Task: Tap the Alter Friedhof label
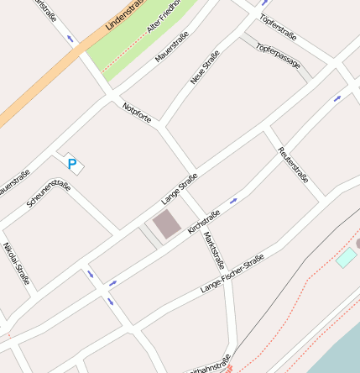[164, 18]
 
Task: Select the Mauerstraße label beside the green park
[172, 47]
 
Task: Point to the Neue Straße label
[205, 67]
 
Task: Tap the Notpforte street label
[137, 113]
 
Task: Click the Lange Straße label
[180, 189]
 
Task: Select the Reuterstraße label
[294, 165]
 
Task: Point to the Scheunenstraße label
[49, 195]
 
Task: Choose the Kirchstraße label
[205, 221]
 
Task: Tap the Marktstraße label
[215, 250]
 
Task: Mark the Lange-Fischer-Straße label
[232, 273]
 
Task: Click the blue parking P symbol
[72, 165]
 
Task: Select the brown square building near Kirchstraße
[166, 224]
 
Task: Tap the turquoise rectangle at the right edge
[346, 258]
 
